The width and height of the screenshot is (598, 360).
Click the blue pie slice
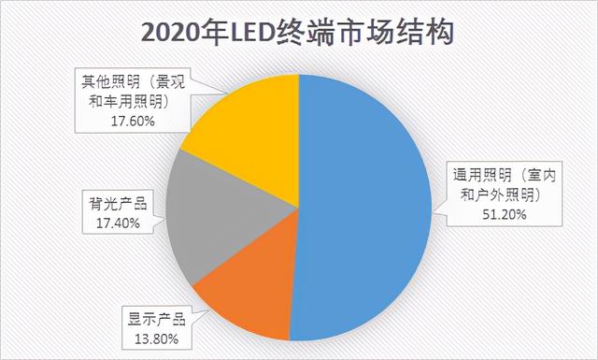tap(364, 206)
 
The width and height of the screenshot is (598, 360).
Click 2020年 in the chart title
tap(178, 34)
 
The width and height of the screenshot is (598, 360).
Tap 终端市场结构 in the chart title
tap(361, 34)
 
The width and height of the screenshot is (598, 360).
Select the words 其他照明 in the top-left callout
tap(103, 81)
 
